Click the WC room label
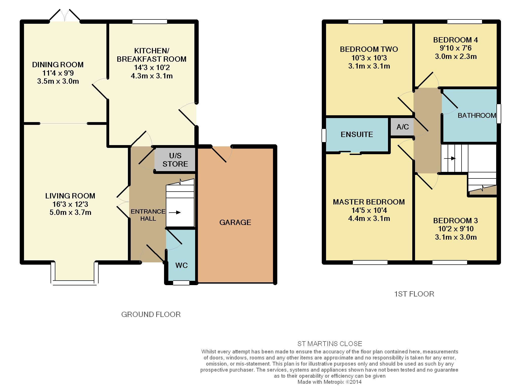pos(181,265)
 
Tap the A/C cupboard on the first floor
pos(402,127)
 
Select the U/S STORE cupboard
pos(175,160)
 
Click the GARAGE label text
pos(235,222)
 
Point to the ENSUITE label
pos(357,134)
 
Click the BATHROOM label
pos(477,116)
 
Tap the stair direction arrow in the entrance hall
pos(175,213)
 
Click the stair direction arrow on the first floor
pos(450,158)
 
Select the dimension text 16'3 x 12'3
pos(70,204)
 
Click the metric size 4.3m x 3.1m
pos(152,76)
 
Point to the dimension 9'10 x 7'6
pos(455,48)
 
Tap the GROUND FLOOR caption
pos(151,314)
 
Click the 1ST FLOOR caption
pos(414,294)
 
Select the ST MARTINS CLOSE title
pos(330,344)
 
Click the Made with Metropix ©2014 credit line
pos(330,382)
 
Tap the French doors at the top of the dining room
pos(65,16)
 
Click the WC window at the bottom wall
pos(181,283)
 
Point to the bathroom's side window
pos(499,113)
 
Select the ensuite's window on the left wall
pos(324,135)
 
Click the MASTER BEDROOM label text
pos(369,202)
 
